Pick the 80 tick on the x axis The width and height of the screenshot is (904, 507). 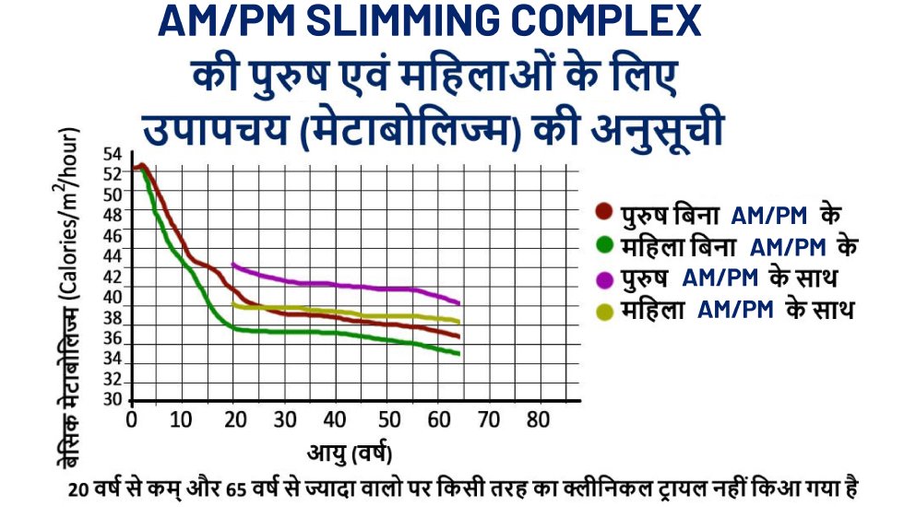coord(538,420)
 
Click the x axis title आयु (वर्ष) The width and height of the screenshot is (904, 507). coord(351,453)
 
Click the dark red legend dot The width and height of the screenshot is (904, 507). coord(604,213)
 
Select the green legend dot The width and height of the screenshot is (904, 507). coord(604,245)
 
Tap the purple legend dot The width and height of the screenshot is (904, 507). coord(604,278)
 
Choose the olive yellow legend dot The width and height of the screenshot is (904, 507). coord(604,311)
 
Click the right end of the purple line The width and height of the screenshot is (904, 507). coord(458,302)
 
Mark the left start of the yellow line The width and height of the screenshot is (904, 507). coord(233,303)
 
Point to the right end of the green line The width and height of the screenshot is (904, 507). coord(458,354)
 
